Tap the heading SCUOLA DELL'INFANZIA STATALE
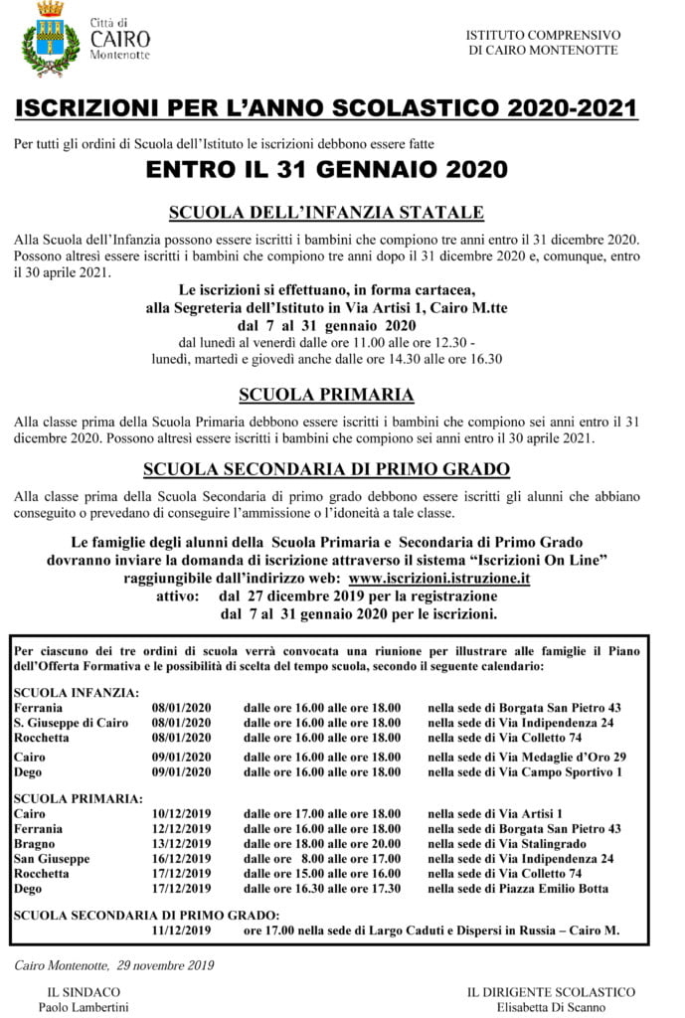326,212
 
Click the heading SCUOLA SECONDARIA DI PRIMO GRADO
326,468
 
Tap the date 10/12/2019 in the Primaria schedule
182,813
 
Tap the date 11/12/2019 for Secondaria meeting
182,931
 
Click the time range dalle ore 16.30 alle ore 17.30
322,888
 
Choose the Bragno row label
35,843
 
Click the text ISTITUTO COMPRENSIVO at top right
544,35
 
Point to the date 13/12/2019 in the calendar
182,843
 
